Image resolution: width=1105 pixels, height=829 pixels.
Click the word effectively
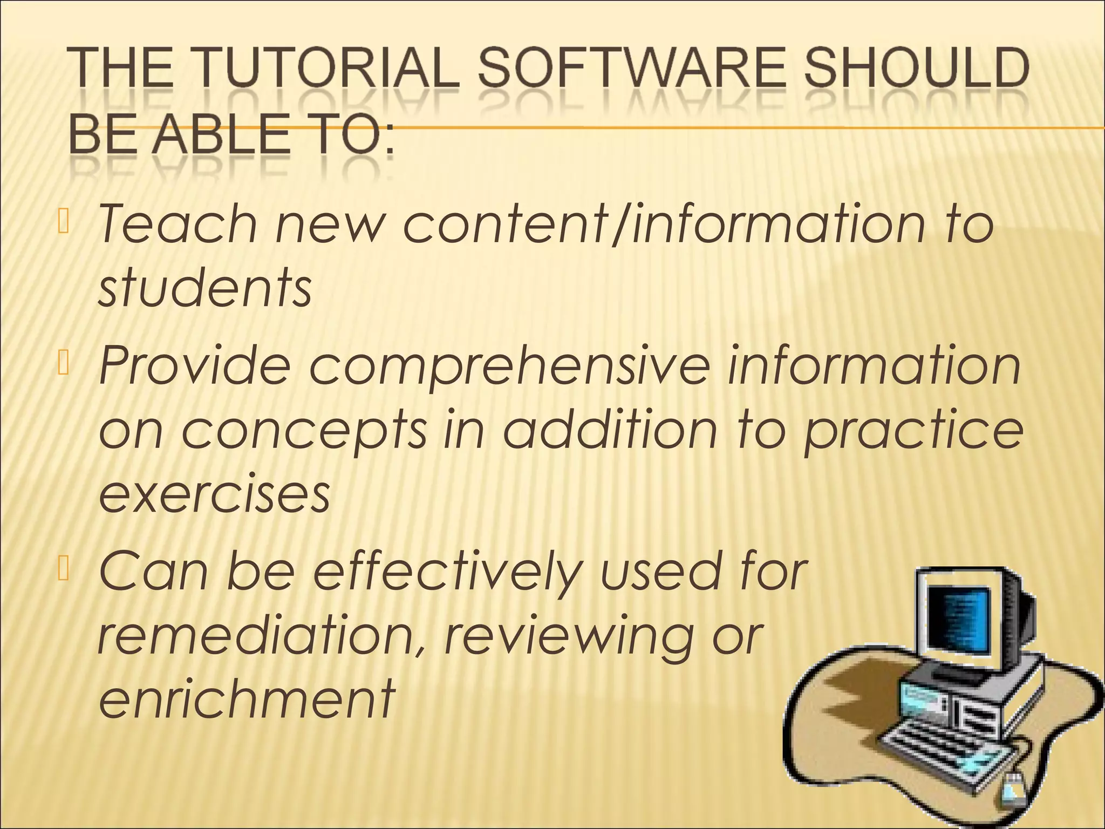coord(448,573)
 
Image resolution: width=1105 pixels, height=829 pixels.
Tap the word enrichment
coord(247,699)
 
